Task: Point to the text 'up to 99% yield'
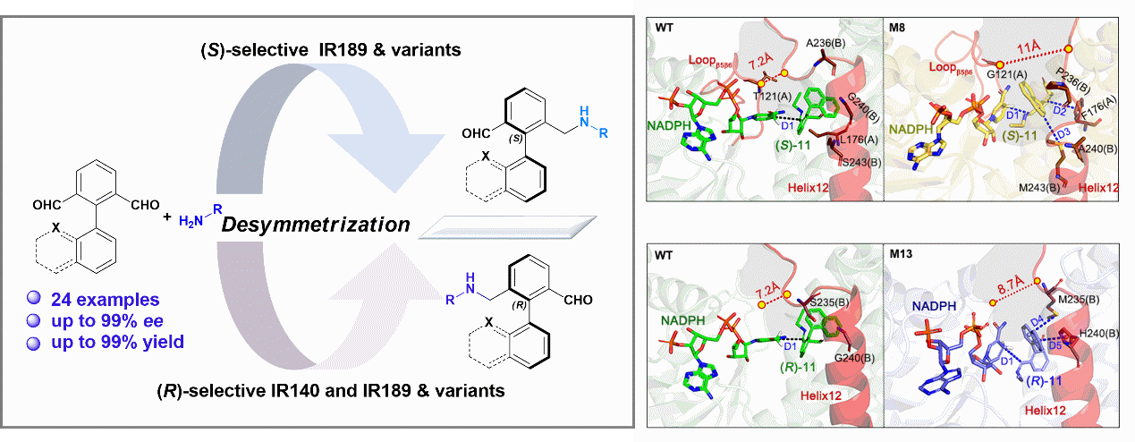[107, 341]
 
